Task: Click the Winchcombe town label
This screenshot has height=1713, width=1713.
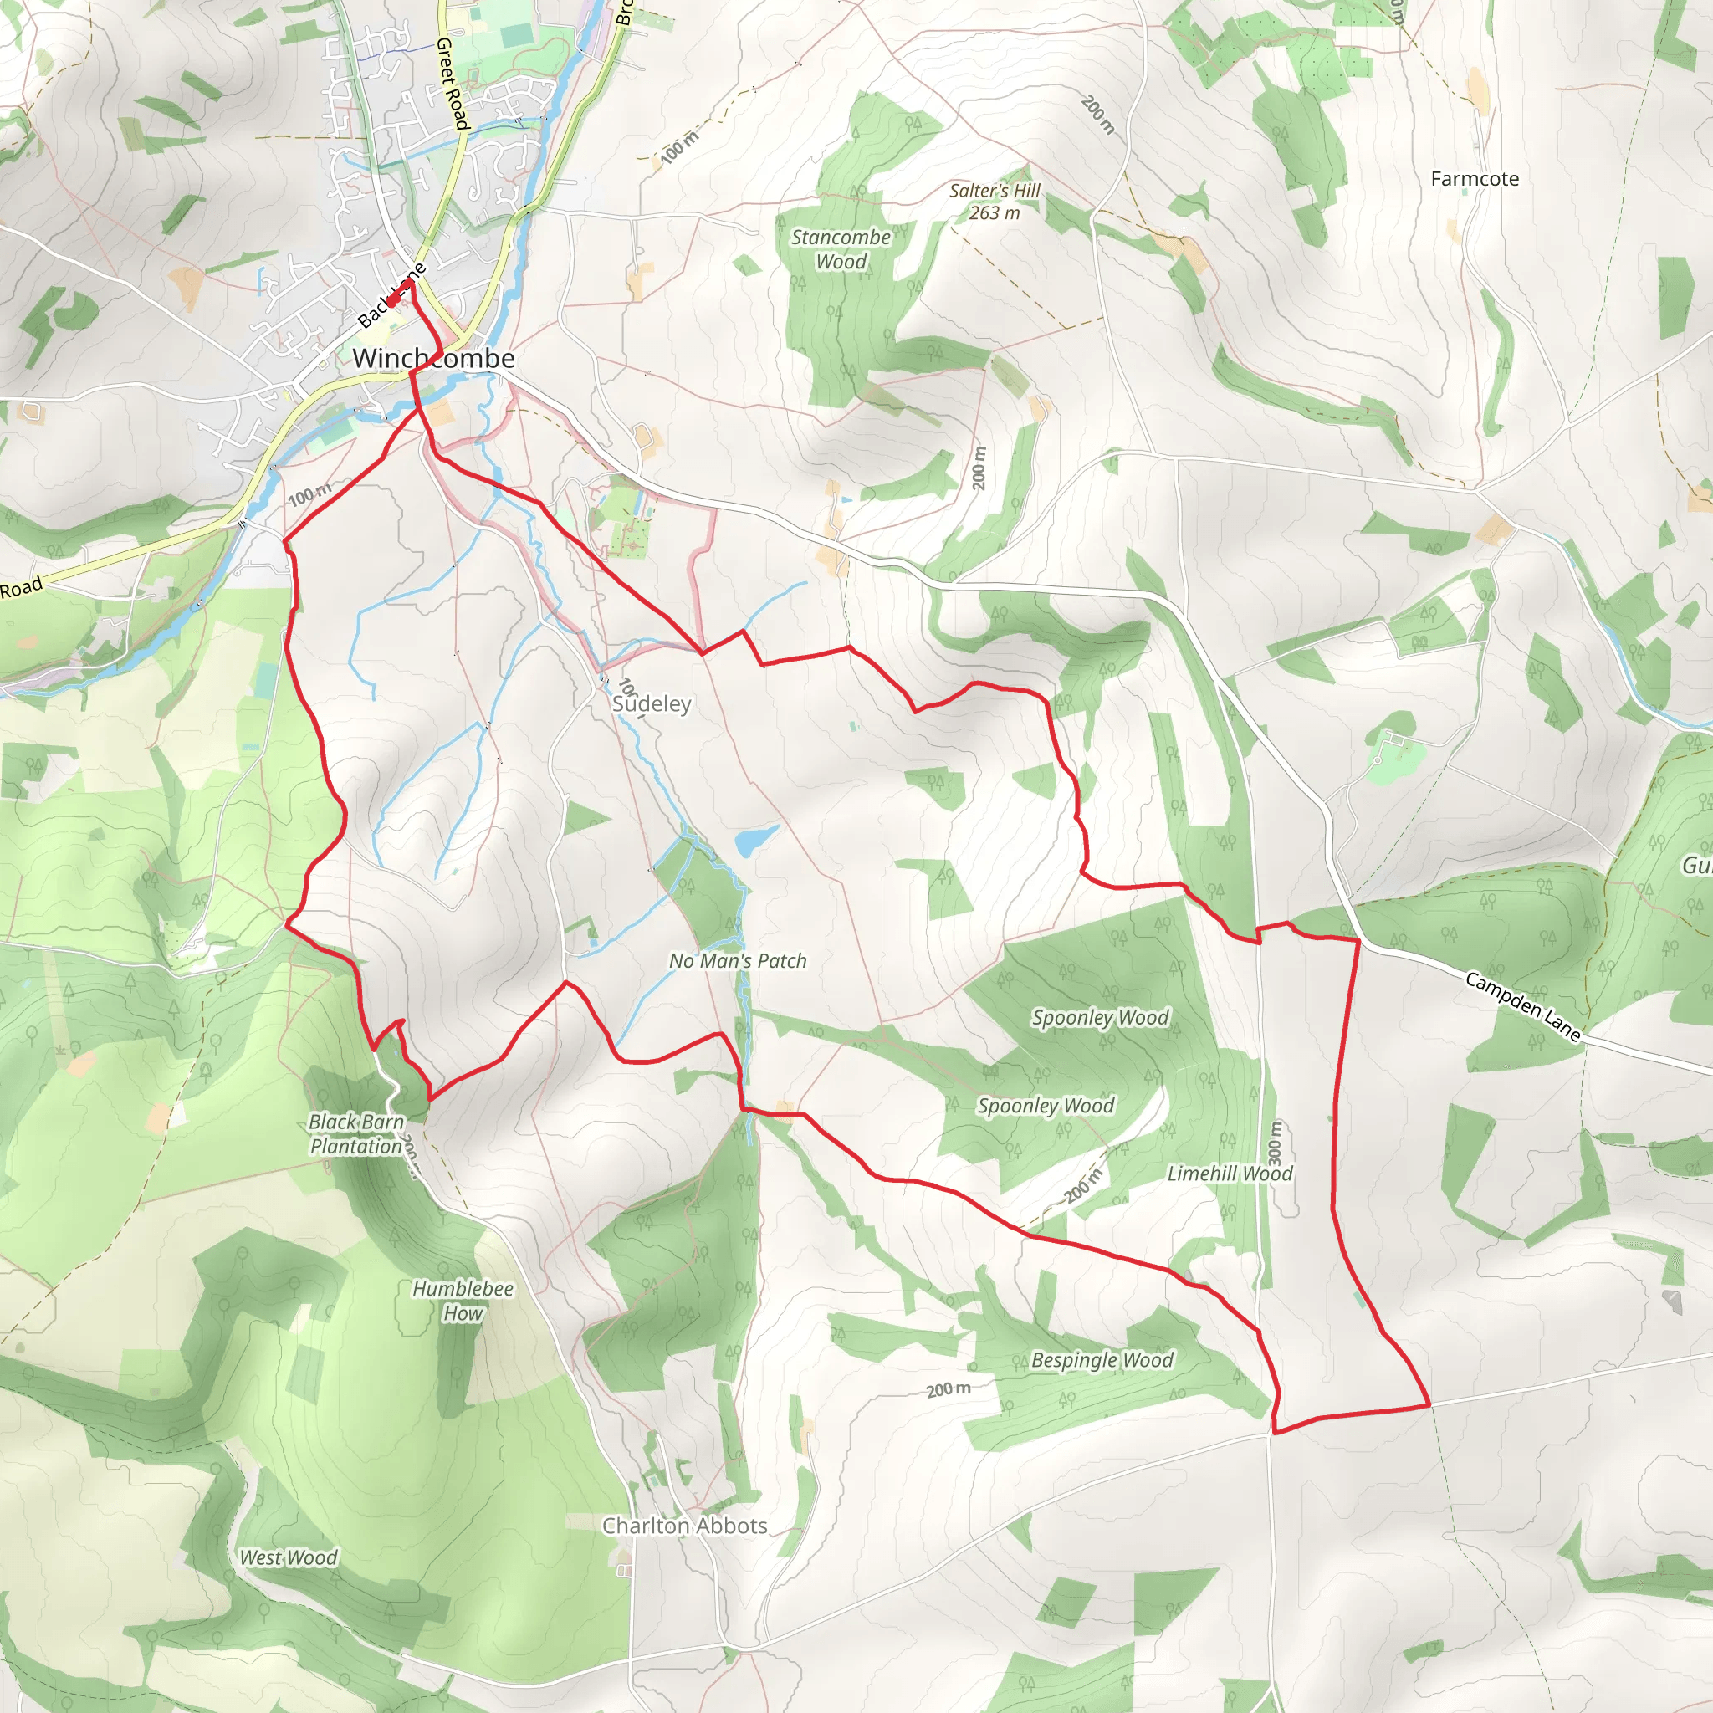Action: (433, 358)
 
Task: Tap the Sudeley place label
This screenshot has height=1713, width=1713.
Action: (652, 704)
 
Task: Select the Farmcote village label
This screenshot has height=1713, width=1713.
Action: (1475, 179)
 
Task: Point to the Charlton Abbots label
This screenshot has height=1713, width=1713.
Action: (684, 1526)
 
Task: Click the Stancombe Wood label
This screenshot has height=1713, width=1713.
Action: (841, 249)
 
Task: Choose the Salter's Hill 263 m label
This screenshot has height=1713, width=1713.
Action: (994, 202)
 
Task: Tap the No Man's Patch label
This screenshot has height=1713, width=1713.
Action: (738, 960)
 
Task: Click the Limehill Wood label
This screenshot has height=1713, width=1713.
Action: (1230, 1174)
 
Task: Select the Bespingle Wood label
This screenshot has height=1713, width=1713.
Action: (1102, 1360)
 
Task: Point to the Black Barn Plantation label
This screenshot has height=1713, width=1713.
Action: (356, 1134)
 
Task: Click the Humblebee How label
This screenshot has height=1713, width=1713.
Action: (463, 1301)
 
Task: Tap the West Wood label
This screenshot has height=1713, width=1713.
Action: (289, 1557)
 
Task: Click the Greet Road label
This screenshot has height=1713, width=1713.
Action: (452, 84)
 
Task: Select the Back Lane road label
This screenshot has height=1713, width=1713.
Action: (391, 296)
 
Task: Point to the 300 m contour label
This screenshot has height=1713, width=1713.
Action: (1275, 1143)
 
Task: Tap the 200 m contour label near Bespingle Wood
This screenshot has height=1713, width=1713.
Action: (948, 1389)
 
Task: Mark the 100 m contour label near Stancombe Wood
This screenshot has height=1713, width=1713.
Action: (680, 147)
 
